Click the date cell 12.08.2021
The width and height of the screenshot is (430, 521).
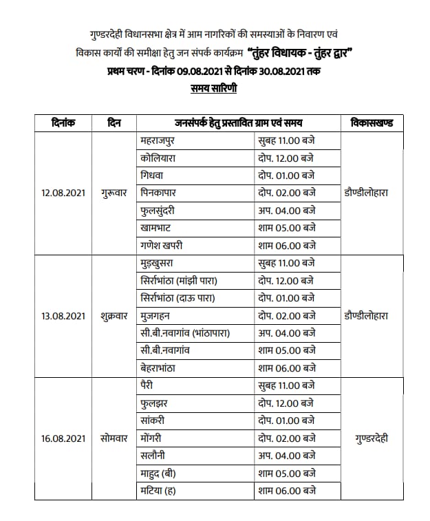(63, 193)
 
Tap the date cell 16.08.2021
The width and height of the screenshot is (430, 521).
(63, 438)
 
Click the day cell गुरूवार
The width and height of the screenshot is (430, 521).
(115, 193)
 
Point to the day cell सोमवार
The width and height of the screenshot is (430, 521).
(114, 438)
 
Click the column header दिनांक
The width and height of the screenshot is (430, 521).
(63, 123)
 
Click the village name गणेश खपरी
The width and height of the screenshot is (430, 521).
(163, 245)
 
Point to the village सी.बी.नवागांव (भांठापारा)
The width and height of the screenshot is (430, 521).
(184, 332)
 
